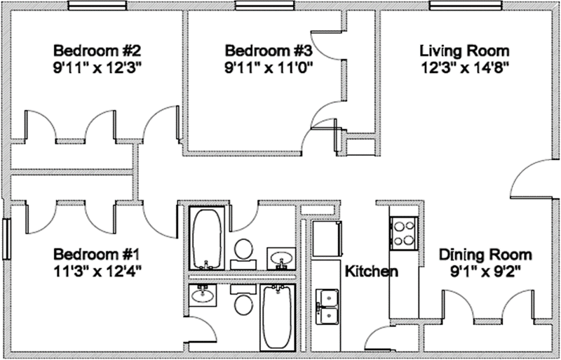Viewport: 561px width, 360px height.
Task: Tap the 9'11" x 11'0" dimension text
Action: [x=268, y=68]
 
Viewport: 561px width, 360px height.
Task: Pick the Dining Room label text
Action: [x=485, y=254]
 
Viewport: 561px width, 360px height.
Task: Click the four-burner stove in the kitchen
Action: [x=405, y=233]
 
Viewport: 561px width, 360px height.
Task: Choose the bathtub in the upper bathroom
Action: [x=208, y=239]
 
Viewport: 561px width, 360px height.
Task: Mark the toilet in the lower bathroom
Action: [x=243, y=303]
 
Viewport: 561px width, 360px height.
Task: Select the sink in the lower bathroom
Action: [x=205, y=295]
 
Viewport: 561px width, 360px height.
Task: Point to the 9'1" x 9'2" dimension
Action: [x=485, y=271]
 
